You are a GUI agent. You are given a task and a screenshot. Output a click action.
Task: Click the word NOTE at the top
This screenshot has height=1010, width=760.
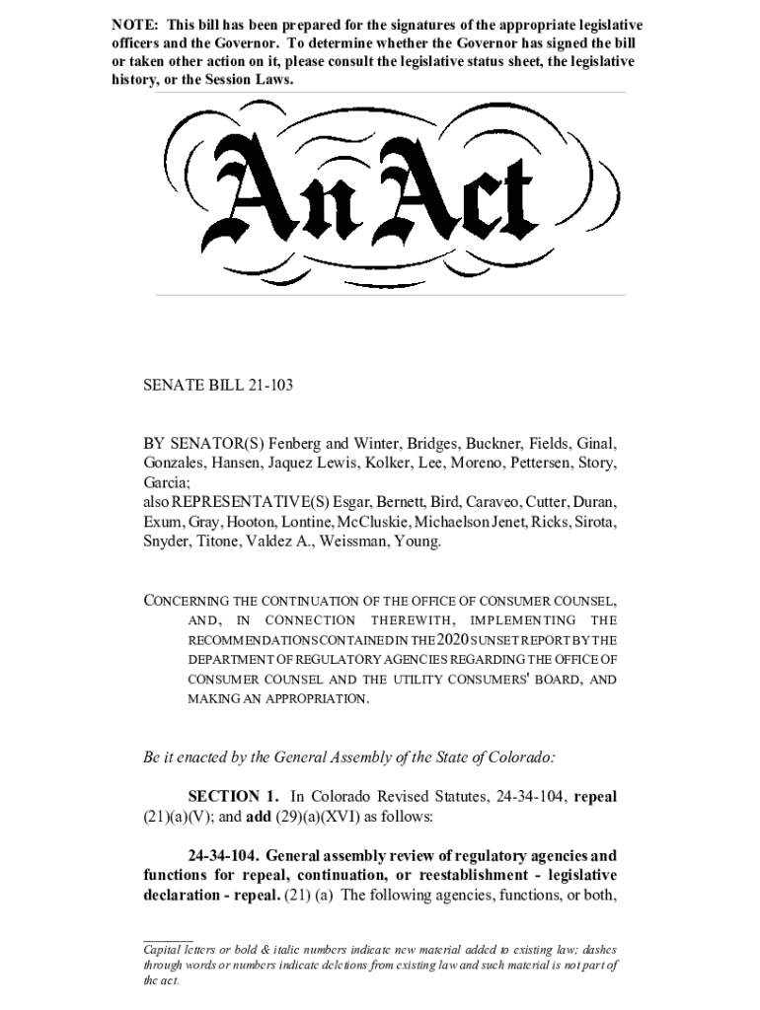132,25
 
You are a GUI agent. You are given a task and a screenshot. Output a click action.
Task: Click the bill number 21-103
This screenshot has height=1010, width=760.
268,386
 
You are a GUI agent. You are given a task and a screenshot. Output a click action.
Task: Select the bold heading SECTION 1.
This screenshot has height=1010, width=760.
233,796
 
